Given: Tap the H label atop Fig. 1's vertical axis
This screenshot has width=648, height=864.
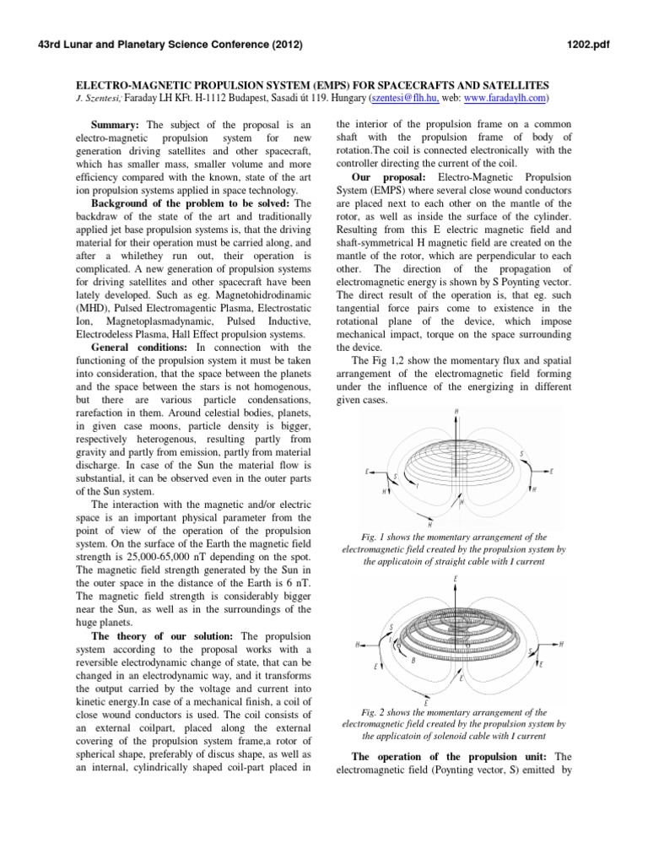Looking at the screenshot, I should (x=456, y=413).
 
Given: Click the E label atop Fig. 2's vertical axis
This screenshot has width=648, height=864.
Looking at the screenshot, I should (x=456, y=579).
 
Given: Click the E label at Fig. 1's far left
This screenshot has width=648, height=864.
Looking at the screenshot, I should (x=366, y=472).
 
